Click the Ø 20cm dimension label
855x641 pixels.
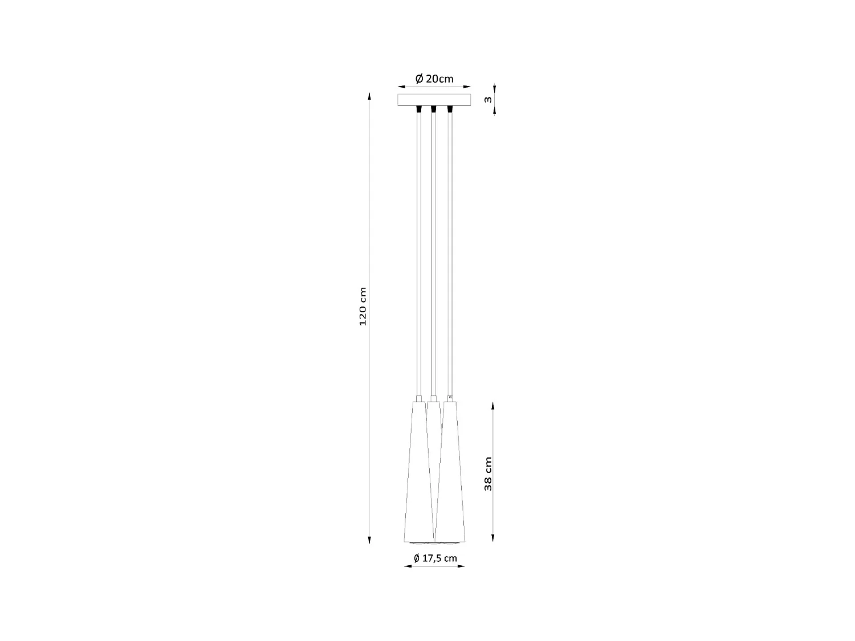434,79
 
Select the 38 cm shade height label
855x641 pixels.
487,473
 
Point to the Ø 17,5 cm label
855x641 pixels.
435,558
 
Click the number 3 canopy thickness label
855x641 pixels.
487,100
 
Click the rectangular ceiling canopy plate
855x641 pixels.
434,100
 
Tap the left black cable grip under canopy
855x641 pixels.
420,108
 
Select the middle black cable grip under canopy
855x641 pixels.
434,108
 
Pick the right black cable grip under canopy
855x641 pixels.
449,108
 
